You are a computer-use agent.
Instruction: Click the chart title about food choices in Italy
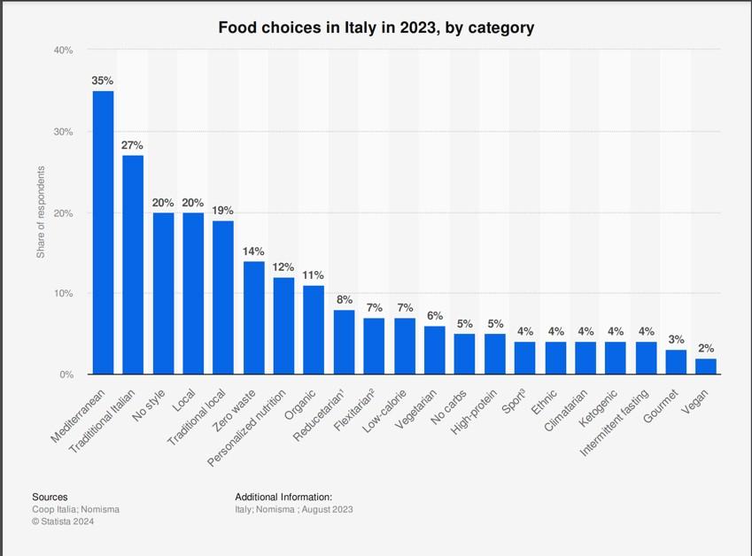click(x=376, y=27)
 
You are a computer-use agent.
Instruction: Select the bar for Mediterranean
click(x=103, y=232)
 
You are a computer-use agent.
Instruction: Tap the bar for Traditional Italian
click(x=133, y=265)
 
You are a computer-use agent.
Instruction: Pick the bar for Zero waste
click(x=253, y=317)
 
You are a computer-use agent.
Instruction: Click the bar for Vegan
click(x=705, y=366)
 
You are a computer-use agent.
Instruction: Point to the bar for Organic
click(x=314, y=329)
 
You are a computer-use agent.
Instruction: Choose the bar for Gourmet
click(x=675, y=362)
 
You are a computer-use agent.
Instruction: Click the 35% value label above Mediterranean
click(x=103, y=81)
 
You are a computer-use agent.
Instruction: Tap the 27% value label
click(x=133, y=145)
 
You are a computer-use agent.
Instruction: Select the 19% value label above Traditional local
click(x=223, y=211)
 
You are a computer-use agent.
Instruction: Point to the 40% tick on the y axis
click(x=63, y=50)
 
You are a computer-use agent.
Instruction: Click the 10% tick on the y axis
click(x=63, y=293)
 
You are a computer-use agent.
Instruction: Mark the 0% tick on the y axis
click(x=66, y=375)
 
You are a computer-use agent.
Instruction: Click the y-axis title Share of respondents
click(x=41, y=212)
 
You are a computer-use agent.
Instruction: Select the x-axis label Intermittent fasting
click(x=613, y=421)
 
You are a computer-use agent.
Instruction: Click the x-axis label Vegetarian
click(x=416, y=409)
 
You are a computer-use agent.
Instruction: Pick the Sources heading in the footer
click(x=50, y=498)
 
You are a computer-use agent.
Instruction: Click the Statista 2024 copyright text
click(x=63, y=521)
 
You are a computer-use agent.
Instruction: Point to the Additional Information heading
click(x=283, y=498)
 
